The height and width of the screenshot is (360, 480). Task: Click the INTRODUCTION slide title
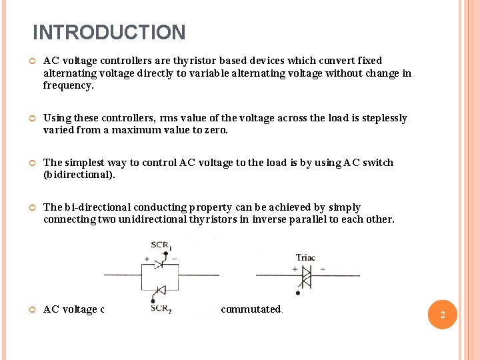click(x=109, y=32)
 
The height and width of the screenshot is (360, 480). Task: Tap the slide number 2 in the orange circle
click(x=442, y=315)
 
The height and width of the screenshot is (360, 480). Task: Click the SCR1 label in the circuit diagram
click(x=160, y=245)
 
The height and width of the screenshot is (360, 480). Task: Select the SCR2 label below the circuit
click(x=160, y=308)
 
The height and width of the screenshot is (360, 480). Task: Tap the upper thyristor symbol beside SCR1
click(x=159, y=264)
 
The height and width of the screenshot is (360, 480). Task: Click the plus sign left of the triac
click(x=295, y=268)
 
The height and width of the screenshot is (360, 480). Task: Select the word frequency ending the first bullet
click(x=67, y=85)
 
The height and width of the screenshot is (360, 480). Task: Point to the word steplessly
click(x=384, y=118)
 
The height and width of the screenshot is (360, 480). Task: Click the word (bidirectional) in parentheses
click(x=79, y=175)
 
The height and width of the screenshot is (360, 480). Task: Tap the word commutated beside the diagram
click(x=251, y=309)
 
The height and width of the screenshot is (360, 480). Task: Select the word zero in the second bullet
click(x=215, y=131)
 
